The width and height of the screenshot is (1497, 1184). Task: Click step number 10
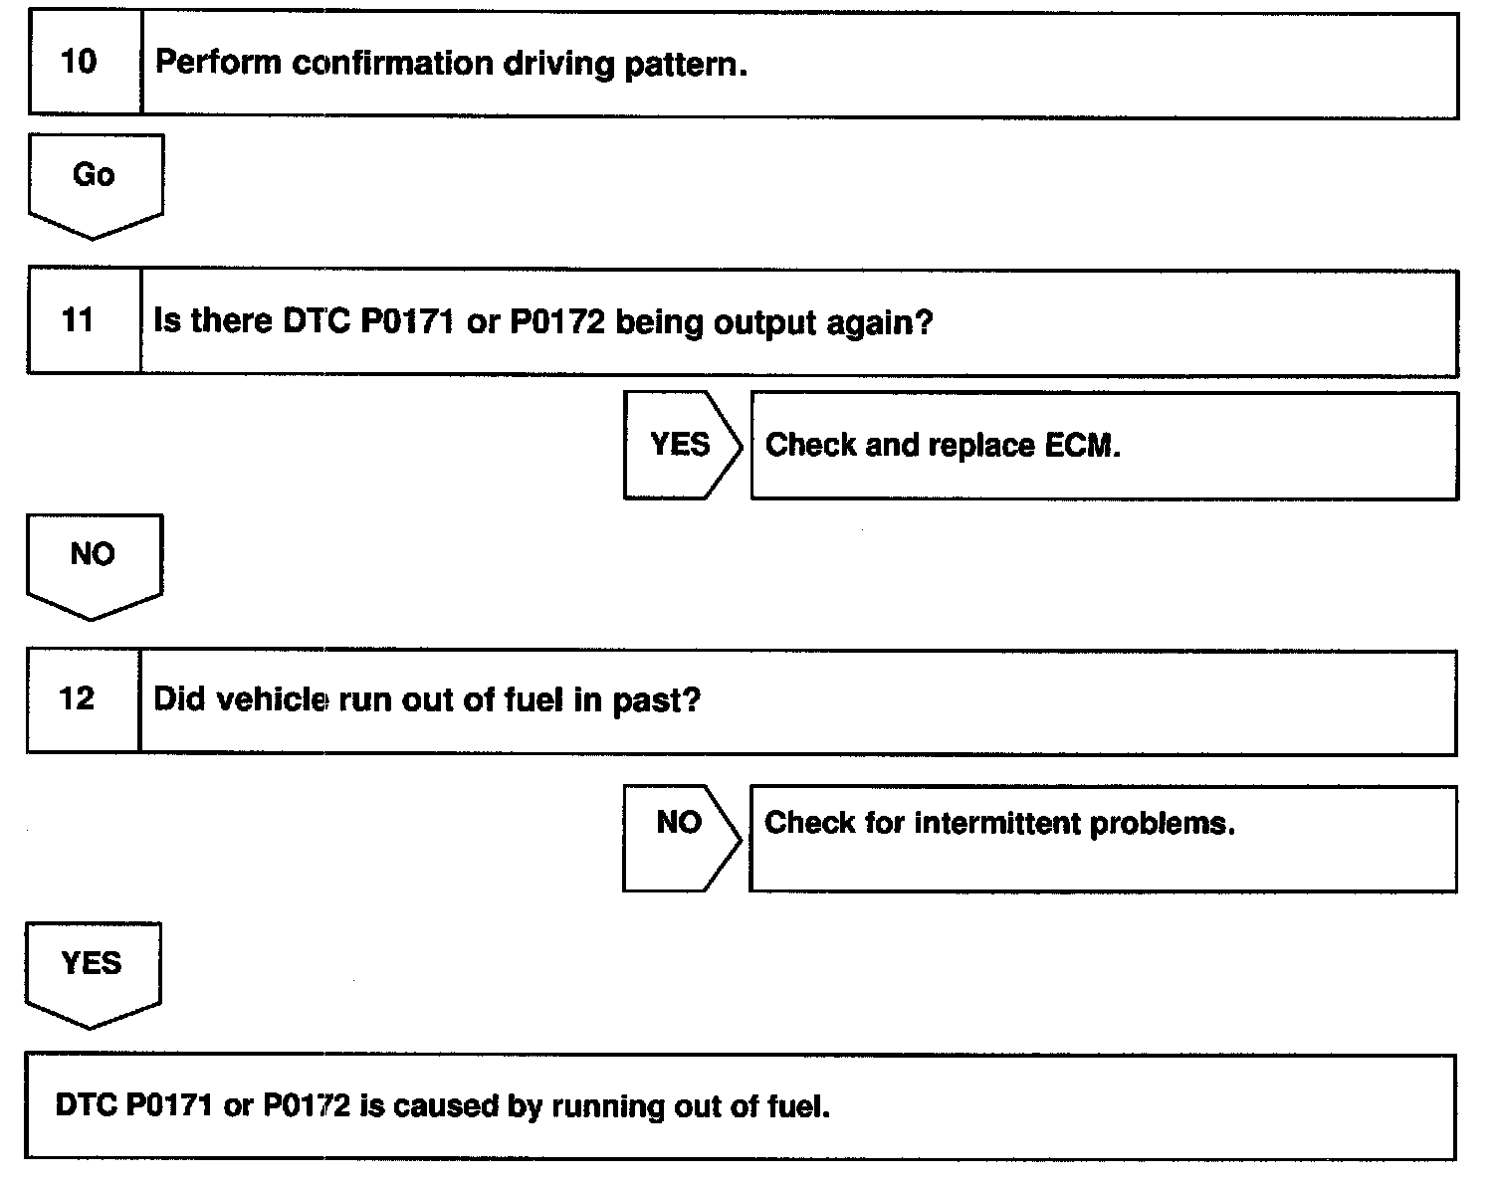[x=79, y=63]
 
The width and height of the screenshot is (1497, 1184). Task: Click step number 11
[x=77, y=320]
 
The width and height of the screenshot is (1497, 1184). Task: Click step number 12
[x=77, y=698]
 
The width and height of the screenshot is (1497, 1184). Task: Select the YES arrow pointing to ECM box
[x=681, y=444]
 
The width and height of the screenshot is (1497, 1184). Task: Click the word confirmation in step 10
[x=392, y=65]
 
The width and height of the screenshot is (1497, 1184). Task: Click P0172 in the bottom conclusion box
[x=307, y=1105]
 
